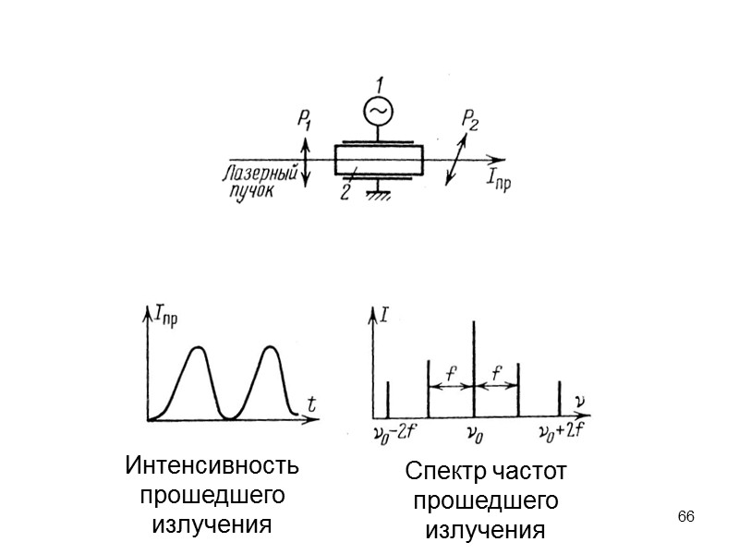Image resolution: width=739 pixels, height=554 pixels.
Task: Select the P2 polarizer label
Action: coord(470,120)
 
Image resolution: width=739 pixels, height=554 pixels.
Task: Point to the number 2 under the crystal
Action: coord(345,192)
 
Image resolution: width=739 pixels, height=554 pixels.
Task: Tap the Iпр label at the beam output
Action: coord(498,182)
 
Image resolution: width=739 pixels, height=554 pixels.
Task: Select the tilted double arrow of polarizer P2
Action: coord(455,159)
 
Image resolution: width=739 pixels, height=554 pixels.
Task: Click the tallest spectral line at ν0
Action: coord(473,369)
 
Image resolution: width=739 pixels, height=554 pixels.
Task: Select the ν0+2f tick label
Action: coord(563,432)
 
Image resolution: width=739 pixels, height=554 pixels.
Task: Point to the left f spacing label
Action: coord(450,374)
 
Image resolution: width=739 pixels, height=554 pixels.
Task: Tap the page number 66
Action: coord(685,514)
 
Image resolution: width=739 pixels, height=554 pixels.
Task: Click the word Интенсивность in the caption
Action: coord(212,466)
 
